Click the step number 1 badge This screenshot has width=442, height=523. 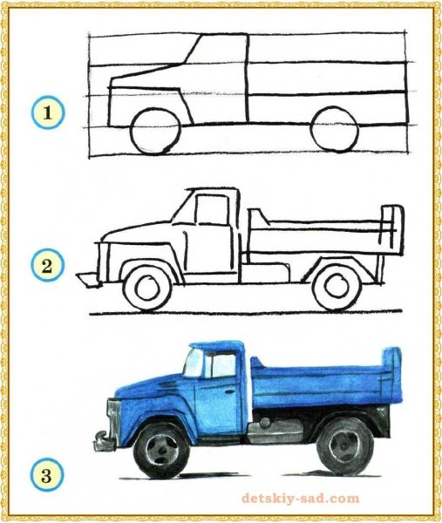[x=44, y=112]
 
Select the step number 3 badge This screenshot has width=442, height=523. [x=44, y=475]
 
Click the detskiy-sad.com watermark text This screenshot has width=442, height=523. [x=300, y=499]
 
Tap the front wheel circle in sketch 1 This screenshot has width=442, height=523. [x=156, y=131]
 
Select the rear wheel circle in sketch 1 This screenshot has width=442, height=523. [x=334, y=131]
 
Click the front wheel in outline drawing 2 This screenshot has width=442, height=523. [x=146, y=288]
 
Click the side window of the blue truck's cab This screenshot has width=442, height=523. [x=221, y=365]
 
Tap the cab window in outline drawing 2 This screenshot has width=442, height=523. [x=209, y=209]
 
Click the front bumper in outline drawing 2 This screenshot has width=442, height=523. [x=87, y=280]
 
